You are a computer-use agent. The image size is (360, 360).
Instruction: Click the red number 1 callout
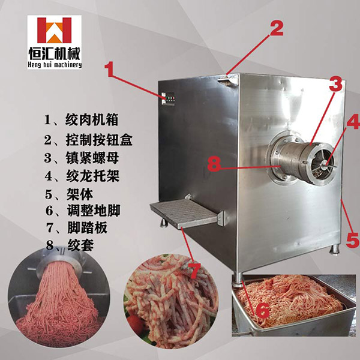[110, 70]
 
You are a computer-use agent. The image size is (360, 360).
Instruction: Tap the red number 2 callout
[276, 27]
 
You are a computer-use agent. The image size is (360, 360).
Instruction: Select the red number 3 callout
[335, 84]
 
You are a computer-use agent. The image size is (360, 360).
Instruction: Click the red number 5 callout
[352, 240]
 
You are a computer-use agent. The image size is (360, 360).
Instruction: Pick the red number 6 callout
[262, 310]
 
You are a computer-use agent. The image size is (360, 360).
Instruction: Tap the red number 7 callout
[194, 271]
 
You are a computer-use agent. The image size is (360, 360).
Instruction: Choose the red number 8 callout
[214, 164]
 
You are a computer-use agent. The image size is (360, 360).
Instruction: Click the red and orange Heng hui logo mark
[55, 31]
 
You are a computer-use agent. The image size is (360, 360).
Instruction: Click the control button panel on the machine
[168, 99]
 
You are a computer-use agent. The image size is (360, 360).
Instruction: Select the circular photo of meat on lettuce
[171, 301]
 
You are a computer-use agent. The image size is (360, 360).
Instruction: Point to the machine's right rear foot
[335, 250]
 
